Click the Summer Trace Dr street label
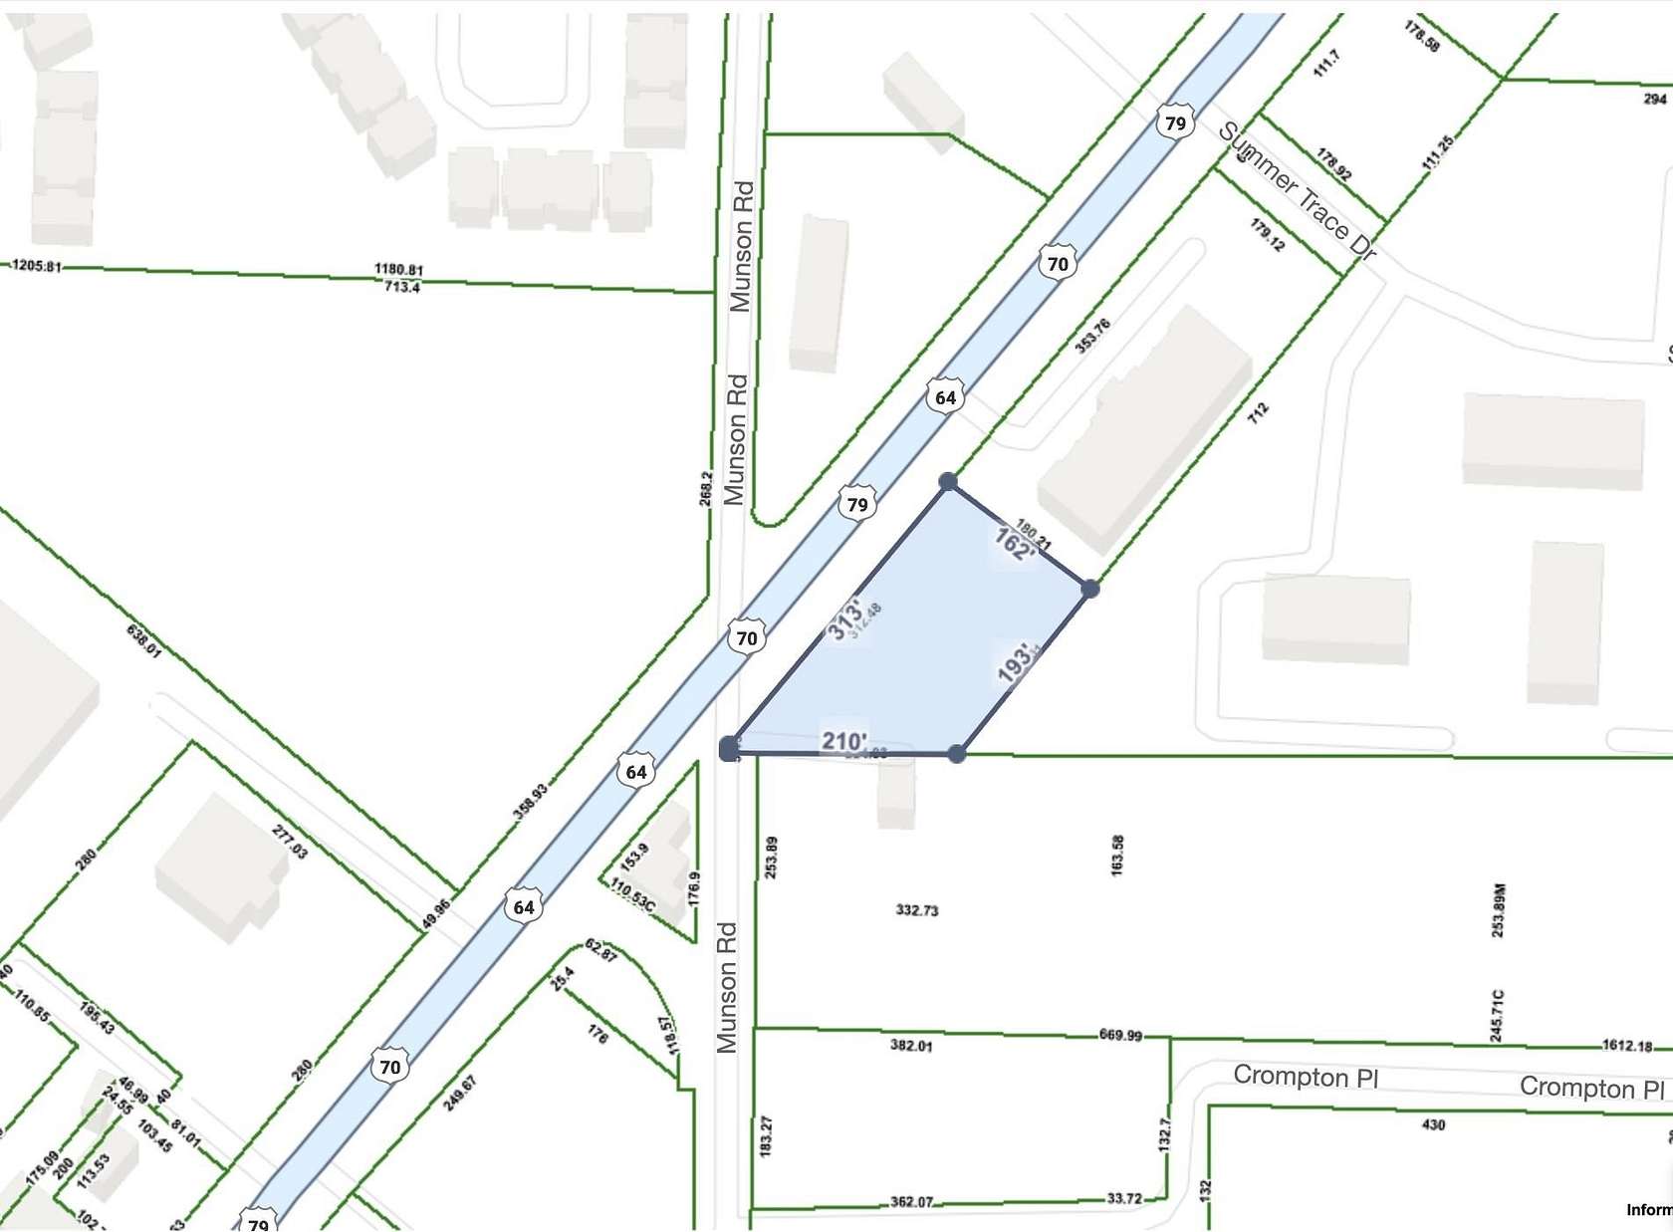click(x=1297, y=191)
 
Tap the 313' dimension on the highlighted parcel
click(x=845, y=619)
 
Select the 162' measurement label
click(x=1014, y=545)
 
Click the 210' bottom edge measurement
click(x=843, y=740)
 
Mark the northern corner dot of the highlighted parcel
click(x=948, y=482)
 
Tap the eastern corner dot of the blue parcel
click(x=1089, y=589)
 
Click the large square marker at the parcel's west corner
click(x=730, y=748)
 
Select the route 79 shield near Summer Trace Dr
click(x=1175, y=123)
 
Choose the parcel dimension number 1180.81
click(x=398, y=269)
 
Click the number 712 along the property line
click(x=1258, y=412)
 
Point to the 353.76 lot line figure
click(x=1092, y=336)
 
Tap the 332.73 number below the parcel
click(x=916, y=909)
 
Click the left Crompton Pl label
click(x=1305, y=1076)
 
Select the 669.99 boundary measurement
click(x=1120, y=1035)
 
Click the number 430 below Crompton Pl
click(x=1433, y=1124)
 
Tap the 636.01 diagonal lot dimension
click(x=143, y=640)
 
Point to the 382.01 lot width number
click(x=910, y=1045)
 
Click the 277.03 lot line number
click(x=290, y=842)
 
